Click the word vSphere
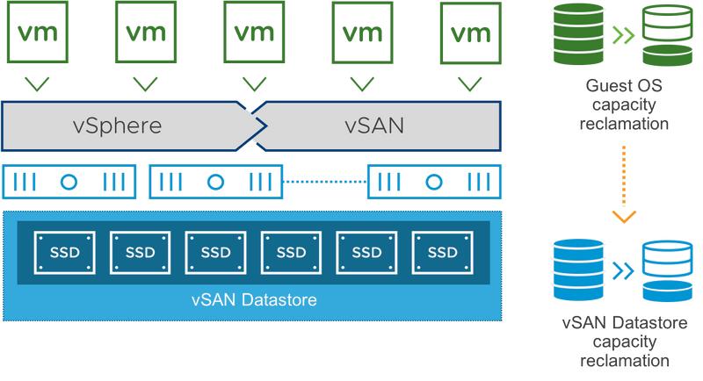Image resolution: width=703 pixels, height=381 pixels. click(x=117, y=125)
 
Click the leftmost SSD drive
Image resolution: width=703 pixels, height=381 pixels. click(x=63, y=252)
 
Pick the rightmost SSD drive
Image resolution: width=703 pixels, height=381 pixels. click(x=441, y=252)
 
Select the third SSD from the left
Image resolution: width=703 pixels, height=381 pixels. click(x=215, y=252)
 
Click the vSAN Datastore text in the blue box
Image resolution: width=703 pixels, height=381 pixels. click(x=254, y=300)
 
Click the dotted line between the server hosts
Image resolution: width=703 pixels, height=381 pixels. click(x=324, y=182)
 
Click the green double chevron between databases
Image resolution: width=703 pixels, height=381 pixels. click(x=623, y=35)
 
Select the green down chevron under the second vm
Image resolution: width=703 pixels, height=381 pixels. click(x=146, y=84)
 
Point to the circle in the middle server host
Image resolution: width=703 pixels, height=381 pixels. click(x=215, y=182)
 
